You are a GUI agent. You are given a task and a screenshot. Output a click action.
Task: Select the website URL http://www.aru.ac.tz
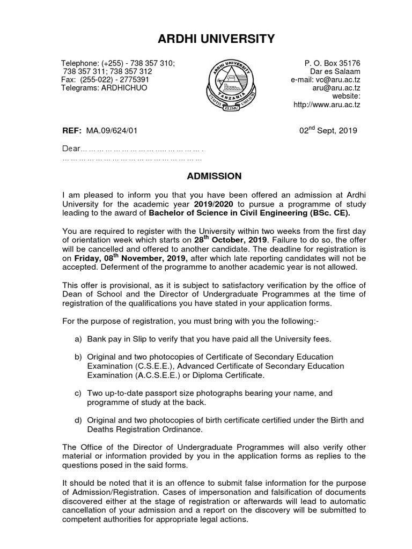[x=327, y=105]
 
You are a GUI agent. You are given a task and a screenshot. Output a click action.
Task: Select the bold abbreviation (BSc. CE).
[x=329, y=213]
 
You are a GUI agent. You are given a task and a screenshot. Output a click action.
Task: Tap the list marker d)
[x=78, y=420]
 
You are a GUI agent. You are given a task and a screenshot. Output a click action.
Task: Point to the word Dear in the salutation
[x=71, y=149]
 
